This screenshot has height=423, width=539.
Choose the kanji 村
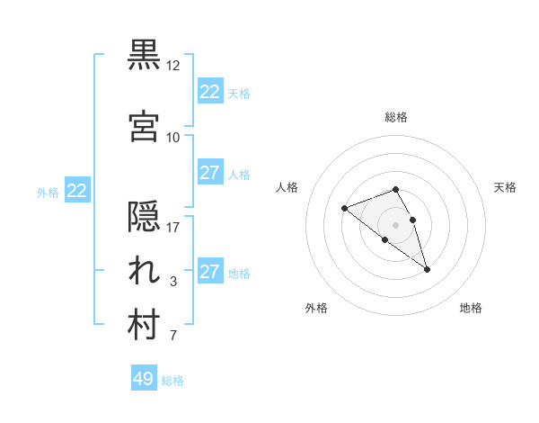145,326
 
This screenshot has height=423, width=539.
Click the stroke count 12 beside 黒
172,66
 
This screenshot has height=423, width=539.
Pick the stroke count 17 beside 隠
172,228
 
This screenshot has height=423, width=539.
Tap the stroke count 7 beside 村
172,337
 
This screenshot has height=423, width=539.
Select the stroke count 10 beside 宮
172,137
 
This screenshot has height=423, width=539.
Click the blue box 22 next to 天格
209,92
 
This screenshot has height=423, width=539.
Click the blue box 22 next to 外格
77,191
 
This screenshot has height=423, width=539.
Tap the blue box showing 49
144,379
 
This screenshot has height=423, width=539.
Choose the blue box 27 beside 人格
209,173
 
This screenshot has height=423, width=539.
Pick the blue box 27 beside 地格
209,272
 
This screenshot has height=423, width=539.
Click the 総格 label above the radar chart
396,117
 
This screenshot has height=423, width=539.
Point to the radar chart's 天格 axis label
505,187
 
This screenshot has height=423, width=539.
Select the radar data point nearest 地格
427,269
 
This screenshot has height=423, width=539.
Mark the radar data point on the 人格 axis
345,209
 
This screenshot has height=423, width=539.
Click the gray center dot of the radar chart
396,224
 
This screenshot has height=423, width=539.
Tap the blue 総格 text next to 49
173,381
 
